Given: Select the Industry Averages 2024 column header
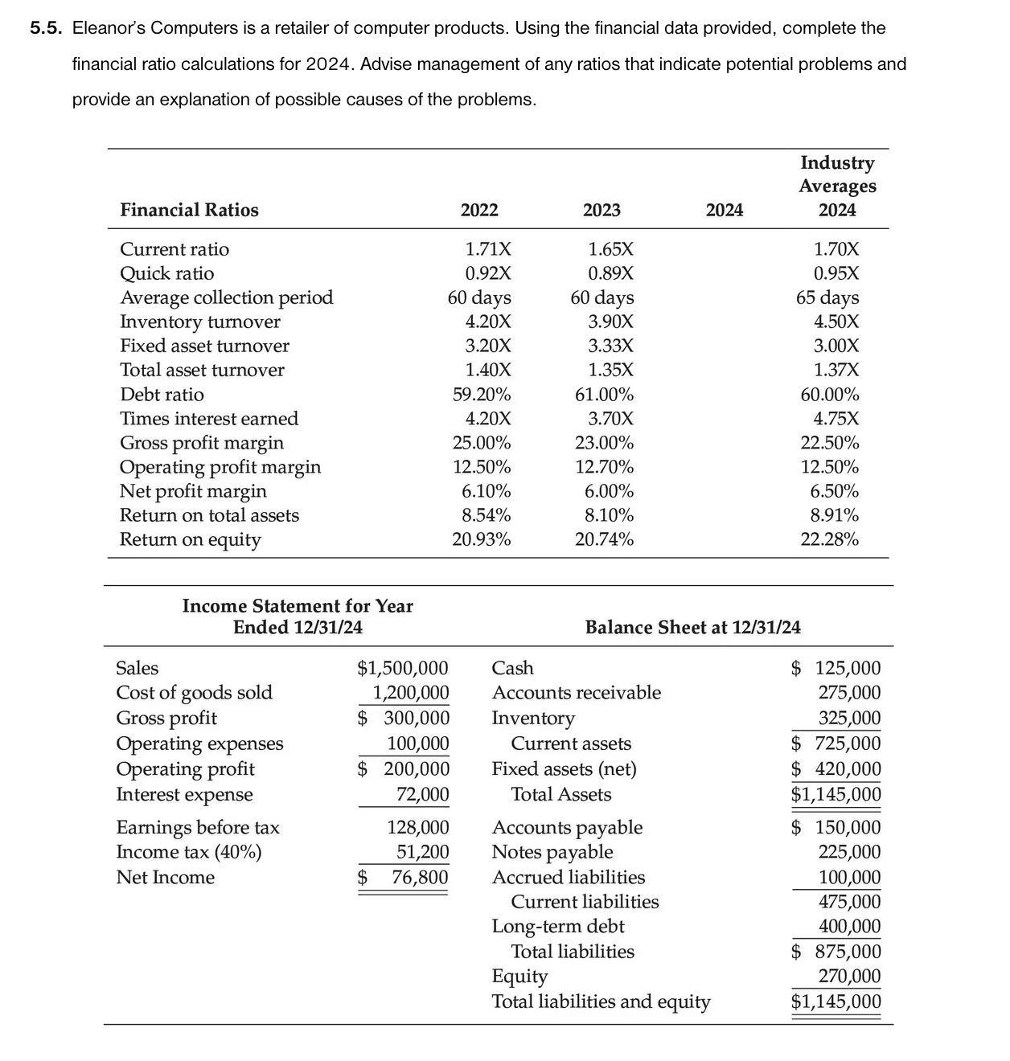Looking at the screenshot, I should (837, 186).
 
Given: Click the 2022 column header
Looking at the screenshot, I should (479, 210).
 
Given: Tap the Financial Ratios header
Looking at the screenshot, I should (189, 210).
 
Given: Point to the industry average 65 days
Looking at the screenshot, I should (827, 297).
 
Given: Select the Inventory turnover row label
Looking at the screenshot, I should (200, 322).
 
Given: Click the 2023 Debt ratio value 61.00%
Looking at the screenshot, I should (604, 395).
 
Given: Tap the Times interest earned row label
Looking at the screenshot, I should (209, 419).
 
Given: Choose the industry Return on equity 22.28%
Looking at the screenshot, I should (829, 539).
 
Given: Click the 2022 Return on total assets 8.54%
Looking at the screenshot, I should (486, 515).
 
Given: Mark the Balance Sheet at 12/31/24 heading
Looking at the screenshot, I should (692, 627).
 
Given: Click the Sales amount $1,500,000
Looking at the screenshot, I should (402, 668).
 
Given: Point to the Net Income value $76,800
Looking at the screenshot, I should (404, 877).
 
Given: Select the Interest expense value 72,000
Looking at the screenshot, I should (422, 794).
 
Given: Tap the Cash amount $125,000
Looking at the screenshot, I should (836, 668).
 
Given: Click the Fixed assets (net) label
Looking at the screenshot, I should (564, 769).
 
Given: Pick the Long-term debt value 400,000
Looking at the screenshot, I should (849, 926).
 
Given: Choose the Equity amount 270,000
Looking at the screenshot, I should (849, 977).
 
